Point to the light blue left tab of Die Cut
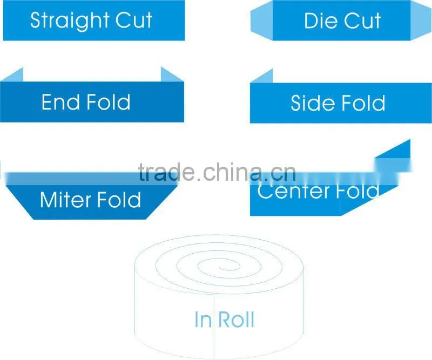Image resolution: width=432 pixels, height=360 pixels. [262, 21]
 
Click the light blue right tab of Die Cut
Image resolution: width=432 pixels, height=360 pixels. [421, 21]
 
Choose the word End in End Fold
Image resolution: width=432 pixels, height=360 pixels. [59, 102]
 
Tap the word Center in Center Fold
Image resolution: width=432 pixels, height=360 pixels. [293, 191]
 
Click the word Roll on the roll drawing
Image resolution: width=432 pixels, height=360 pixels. [237, 320]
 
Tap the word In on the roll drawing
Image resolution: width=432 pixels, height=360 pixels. [203, 320]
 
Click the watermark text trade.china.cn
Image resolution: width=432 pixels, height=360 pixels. [217, 172]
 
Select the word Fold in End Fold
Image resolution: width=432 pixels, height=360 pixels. [109, 102]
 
